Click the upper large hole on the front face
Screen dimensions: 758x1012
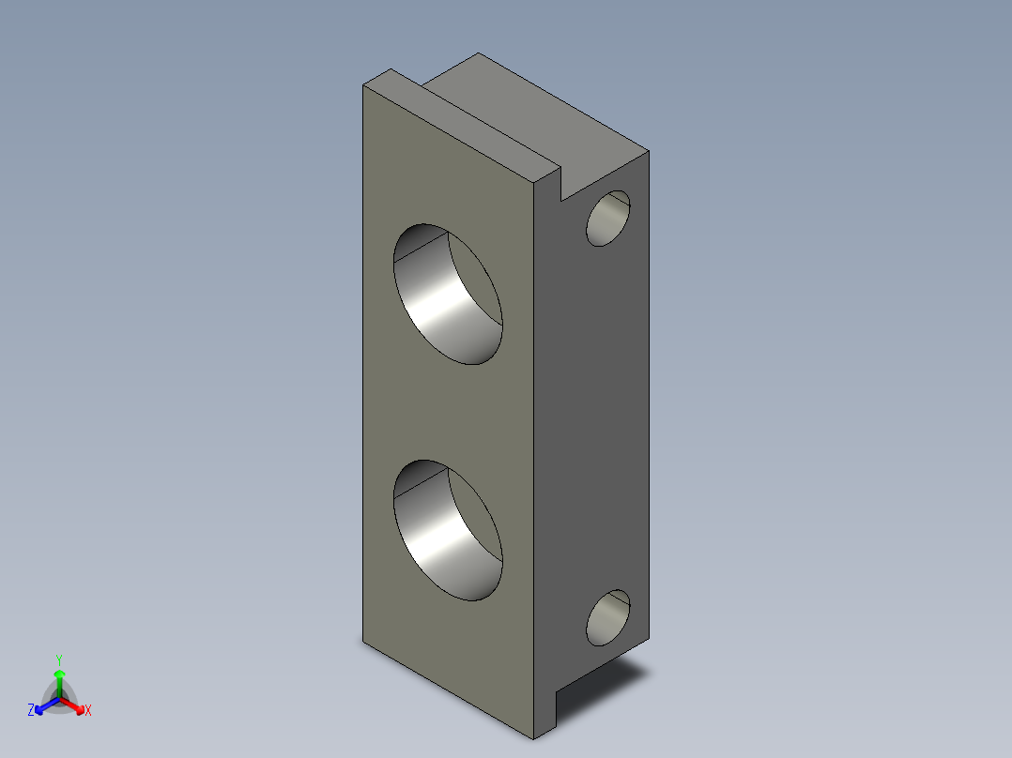click(447, 295)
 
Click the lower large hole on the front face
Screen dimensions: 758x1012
click(447, 531)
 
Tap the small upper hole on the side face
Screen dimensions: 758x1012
click(608, 218)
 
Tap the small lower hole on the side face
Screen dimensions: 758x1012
click(608, 617)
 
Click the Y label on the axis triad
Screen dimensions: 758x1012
click(58, 659)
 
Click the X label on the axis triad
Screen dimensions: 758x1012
click(88, 711)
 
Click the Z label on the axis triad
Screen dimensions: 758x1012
click(31, 711)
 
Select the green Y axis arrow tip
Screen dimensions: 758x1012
click(58, 674)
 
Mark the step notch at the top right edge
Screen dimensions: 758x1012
click(561, 188)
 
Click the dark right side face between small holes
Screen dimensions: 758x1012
click(591, 413)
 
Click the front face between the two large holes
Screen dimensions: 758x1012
click(447, 413)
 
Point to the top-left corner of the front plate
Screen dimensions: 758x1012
click(364, 85)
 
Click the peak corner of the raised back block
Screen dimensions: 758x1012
click(480, 54)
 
